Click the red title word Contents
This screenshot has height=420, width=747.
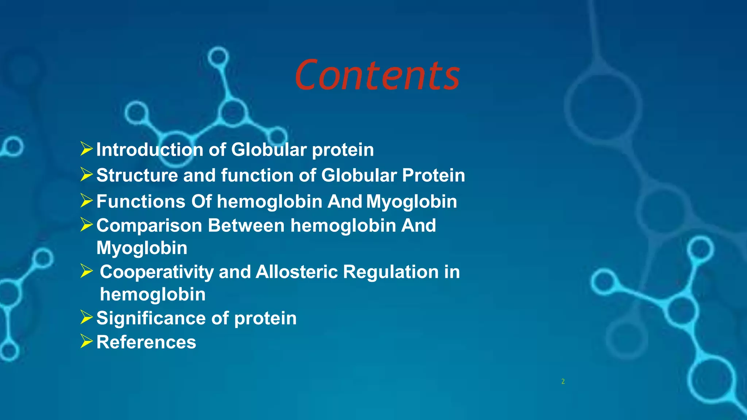377,75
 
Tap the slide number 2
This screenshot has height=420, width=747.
563,381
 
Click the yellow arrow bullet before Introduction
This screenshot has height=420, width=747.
86,149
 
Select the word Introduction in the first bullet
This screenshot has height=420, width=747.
150,150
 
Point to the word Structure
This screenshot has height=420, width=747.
137,175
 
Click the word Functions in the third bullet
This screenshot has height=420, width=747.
141,202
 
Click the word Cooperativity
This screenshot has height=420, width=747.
157,272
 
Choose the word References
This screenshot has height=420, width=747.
146,342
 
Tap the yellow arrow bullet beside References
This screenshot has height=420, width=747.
86,341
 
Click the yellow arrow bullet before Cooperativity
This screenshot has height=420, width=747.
86,271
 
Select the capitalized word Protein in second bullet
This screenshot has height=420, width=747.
433,175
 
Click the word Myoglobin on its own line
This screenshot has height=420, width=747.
142,248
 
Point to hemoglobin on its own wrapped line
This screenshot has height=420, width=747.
152,295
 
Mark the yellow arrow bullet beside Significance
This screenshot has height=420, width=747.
86,317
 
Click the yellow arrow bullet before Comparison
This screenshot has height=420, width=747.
86,225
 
